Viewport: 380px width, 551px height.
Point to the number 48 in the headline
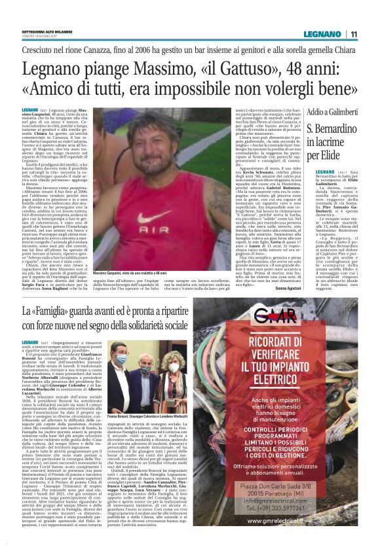coord(271,67)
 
